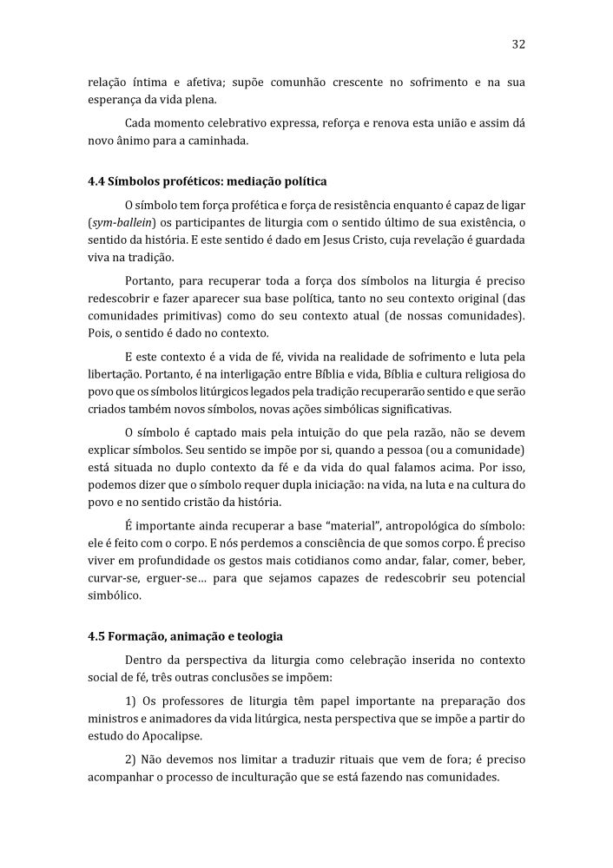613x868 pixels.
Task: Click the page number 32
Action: pos(518,43)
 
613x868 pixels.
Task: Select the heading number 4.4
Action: pos(96,181)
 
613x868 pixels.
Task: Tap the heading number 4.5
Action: pos(96,635)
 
